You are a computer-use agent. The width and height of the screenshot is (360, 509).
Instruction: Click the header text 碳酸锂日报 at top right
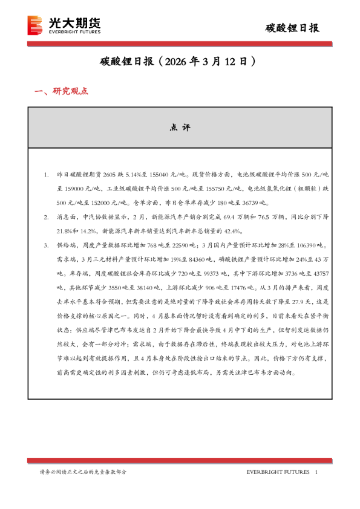pyautogui.click(x=293, y=28)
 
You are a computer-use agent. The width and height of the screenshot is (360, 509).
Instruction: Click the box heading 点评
pyautogui.click(x=180, y=128)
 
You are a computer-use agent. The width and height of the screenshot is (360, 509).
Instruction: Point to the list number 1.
pyautogui.click(x=47, y=174)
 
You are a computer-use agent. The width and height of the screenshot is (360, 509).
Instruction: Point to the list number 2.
pyautogui.click(x=47, y=216)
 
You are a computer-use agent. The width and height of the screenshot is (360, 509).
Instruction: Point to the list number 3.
pyautogui.click(x=47, y=245)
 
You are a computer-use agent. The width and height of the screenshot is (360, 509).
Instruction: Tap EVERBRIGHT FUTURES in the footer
pyautogui.click(x=279, y=472)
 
